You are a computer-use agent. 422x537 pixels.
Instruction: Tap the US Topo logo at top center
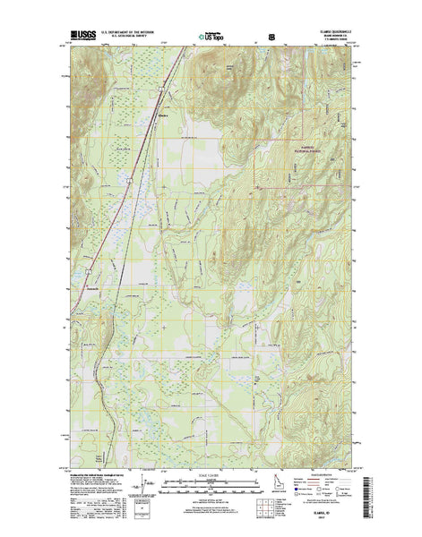coord(211,38)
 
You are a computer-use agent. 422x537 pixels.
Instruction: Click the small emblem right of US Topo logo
coord(271,38)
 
